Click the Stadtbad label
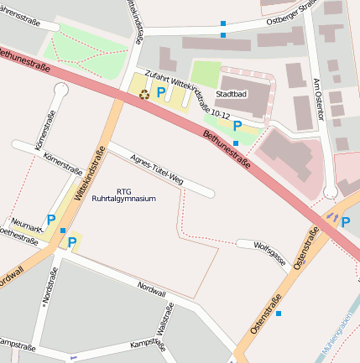(232, 94)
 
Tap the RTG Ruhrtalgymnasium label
(136, 194)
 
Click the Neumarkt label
(28, 227)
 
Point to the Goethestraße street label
(18, 239)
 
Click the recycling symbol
(143, 94)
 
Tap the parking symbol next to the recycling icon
(160, 92)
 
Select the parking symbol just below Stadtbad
(237, 126)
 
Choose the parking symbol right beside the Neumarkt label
(51, 220)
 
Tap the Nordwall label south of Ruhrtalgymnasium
(152, 287)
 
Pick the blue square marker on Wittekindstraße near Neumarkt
(63, 231)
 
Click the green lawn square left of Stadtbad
(206, 73)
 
